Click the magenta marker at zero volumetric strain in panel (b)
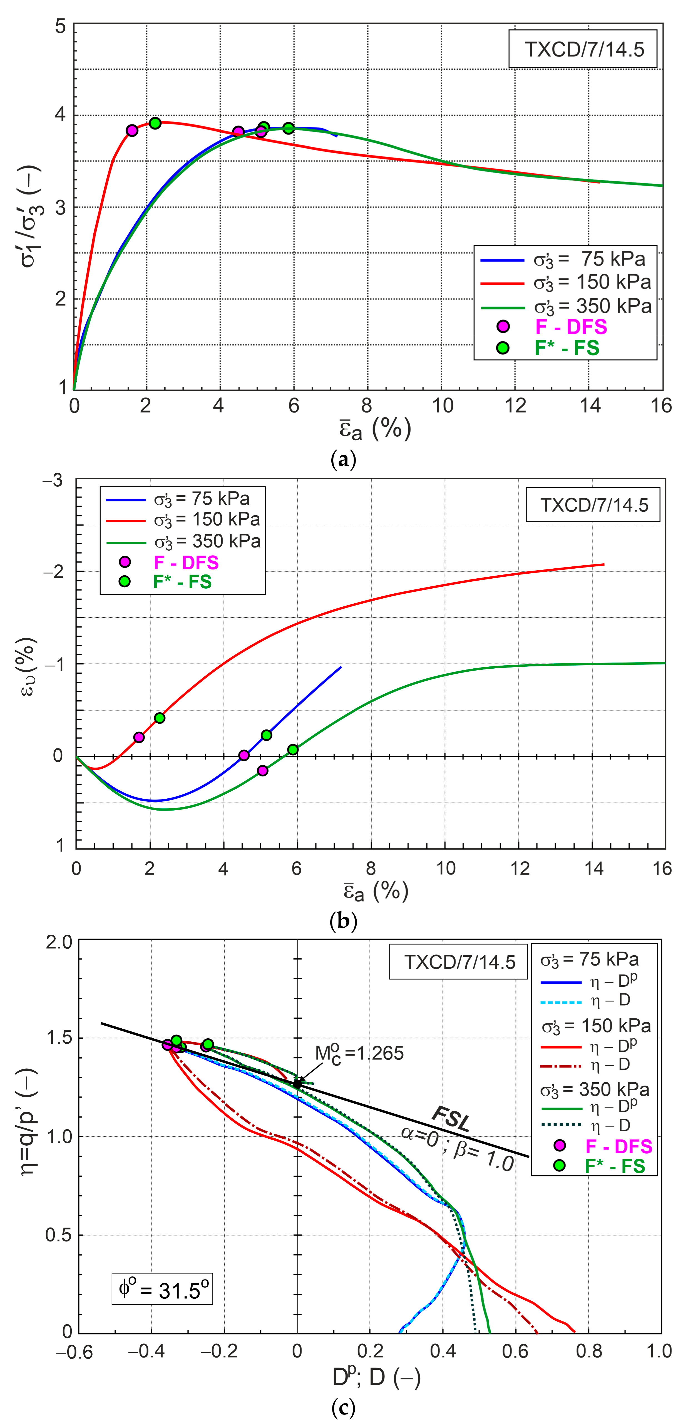click(x=244, y=755)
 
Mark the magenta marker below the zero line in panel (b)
click(x=263, y=771)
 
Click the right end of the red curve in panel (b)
click(x=603, y=564)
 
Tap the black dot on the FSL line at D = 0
click(x=298, y=1084)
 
